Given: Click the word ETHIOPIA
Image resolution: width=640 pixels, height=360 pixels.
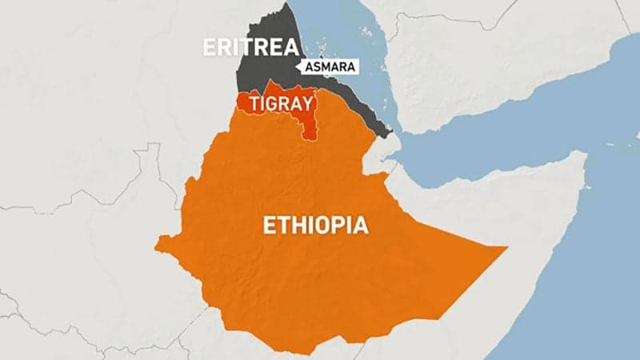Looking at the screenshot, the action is pyautogui.click(x=316, y=226).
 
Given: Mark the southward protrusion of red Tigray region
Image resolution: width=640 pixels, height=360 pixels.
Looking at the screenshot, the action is pyautogui.click(x=308, y=132).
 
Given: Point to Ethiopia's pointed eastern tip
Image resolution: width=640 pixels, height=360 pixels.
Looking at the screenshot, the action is pyautogui.click(x=506, y=249).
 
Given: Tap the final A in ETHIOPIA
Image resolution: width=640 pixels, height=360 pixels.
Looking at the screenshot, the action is pyautogui.click(x=361, y=226).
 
